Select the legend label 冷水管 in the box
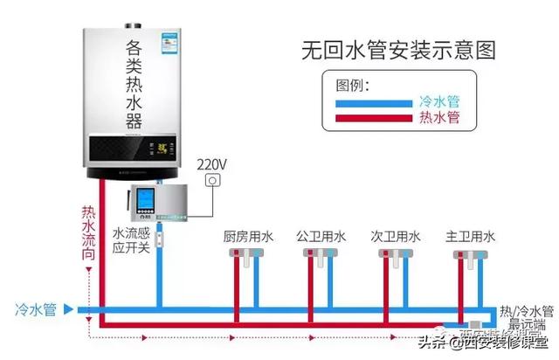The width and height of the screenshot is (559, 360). [438, 101]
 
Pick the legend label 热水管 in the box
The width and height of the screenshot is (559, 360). [438, 117]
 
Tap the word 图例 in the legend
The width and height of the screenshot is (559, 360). [353, 85]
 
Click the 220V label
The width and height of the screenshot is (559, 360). [211, 164]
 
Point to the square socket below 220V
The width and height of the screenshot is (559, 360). [210, 181]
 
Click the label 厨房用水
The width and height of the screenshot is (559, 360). [248, 237]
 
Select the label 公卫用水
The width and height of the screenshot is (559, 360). [321, 237]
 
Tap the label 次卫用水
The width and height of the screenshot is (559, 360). [396, 237]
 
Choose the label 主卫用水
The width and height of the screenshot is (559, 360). [471, 237]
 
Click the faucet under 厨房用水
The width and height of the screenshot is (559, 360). [245, 255]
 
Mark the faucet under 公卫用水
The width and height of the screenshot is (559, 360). [320, 255]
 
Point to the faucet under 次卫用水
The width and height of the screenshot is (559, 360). [394, 255]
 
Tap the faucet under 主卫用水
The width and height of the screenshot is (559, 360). [469, 255]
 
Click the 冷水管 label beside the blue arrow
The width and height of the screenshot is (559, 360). [36, 309]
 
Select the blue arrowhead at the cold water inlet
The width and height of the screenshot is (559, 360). [80, 309]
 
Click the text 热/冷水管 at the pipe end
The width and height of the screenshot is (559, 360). [526, 311]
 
